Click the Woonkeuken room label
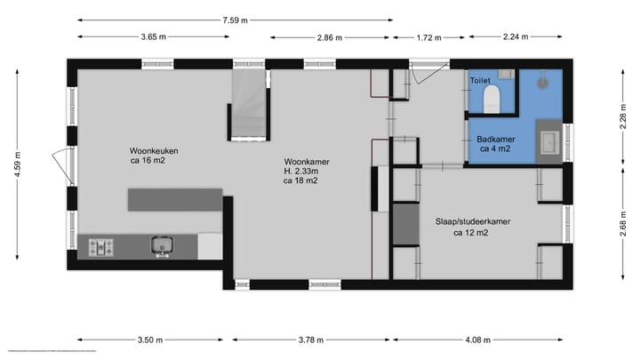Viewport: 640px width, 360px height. (153, 150)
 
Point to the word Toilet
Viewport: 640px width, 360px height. (480, 80)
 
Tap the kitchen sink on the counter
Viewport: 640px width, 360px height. (163, 244)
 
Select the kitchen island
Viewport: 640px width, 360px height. (174, 199)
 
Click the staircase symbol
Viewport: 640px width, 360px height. (250, 105)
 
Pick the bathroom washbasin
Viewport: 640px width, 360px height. (548, 140)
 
